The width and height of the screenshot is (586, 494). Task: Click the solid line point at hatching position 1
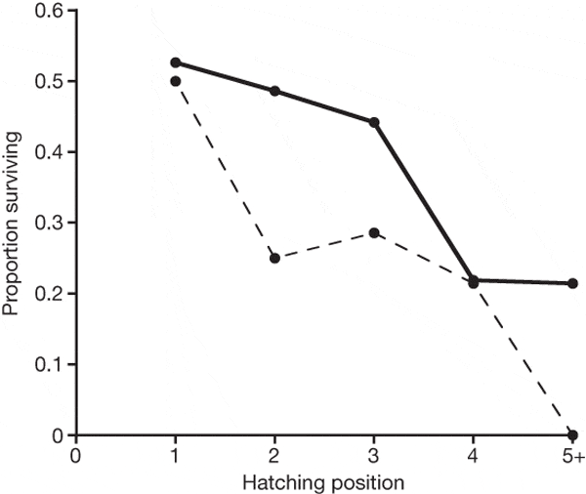(175, 62)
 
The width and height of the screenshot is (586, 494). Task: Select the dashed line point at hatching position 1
(175, 81)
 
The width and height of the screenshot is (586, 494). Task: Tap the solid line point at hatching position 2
(274, 91)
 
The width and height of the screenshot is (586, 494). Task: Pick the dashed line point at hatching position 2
(274, 258)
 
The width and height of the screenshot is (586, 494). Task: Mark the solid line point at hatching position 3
(374, 122)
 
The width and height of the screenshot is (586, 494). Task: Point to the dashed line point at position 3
(374, 232)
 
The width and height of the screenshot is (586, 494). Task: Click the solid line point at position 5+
(573, 283)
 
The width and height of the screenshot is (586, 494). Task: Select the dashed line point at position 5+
(573, 434)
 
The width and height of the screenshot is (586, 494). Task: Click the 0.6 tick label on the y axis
(48, 11)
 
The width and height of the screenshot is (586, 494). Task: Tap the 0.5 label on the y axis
(48, 81)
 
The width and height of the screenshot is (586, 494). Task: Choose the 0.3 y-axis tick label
(48, 223)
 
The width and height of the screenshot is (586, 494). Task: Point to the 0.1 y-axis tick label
(48, 364)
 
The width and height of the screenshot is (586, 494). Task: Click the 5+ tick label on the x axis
(573, 456)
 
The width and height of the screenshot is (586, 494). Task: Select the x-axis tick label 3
(374, 456)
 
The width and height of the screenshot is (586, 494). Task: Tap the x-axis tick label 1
(175, 456)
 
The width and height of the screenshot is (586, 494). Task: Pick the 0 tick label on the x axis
(75, 456)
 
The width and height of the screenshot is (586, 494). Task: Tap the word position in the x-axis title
(371, 480)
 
